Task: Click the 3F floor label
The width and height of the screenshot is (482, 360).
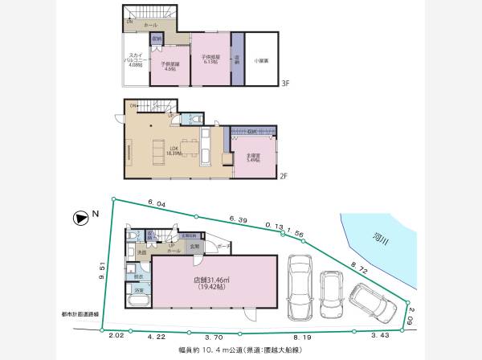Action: (x=285, y=83)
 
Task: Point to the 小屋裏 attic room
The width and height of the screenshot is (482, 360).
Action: (x=262, y=59)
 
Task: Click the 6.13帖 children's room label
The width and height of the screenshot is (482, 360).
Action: (x=211, y=58)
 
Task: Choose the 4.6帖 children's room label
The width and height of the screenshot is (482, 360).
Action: (x=169, y=67)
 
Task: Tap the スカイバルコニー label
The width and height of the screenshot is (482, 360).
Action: (x=135, y=61)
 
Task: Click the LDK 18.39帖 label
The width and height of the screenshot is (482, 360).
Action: (x=173, y=149)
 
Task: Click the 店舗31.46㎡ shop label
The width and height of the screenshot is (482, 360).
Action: (x=212, y=282)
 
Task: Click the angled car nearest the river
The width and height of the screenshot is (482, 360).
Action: (x=370, y=305)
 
